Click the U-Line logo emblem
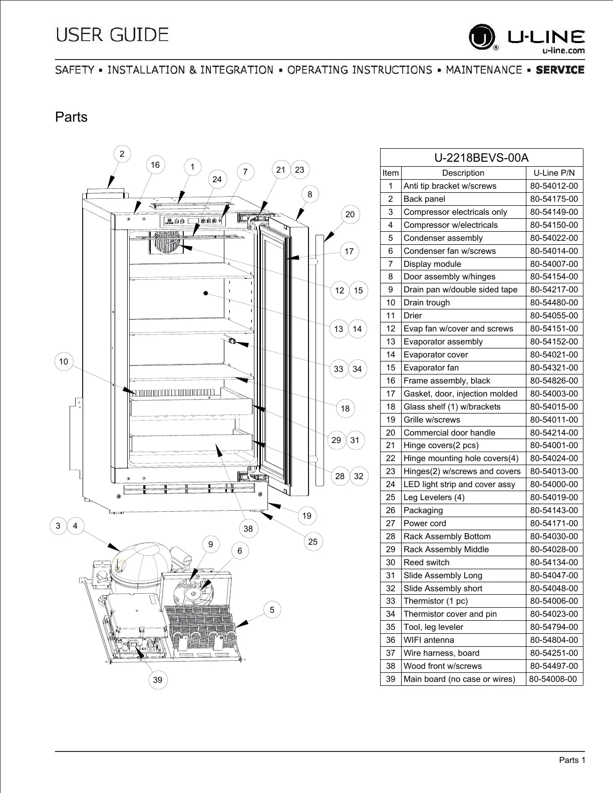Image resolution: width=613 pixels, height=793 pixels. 481,38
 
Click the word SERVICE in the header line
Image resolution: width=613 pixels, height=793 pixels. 560,70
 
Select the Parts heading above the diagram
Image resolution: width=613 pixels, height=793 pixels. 71,117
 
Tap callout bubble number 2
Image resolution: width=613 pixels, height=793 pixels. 122,154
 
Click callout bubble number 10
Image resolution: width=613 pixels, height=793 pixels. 64,361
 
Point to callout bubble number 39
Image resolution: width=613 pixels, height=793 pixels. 158,679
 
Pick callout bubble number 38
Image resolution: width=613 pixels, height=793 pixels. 248,528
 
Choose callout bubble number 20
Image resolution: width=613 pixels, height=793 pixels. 350,214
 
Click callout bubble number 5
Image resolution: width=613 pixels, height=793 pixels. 272,610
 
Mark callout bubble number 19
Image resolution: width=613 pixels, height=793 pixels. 307,515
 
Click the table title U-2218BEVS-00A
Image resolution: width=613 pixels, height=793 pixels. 481,158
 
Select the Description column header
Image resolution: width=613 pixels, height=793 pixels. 463,173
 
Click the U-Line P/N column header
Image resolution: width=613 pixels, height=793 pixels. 554,173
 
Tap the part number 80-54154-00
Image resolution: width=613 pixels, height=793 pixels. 554,276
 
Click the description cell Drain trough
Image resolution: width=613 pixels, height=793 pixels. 427,302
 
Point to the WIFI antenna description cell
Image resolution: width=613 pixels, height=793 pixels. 429,640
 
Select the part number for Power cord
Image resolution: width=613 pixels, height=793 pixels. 554,523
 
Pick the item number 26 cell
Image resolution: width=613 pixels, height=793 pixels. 391,510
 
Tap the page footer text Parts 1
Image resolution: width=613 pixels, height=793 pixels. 572,760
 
